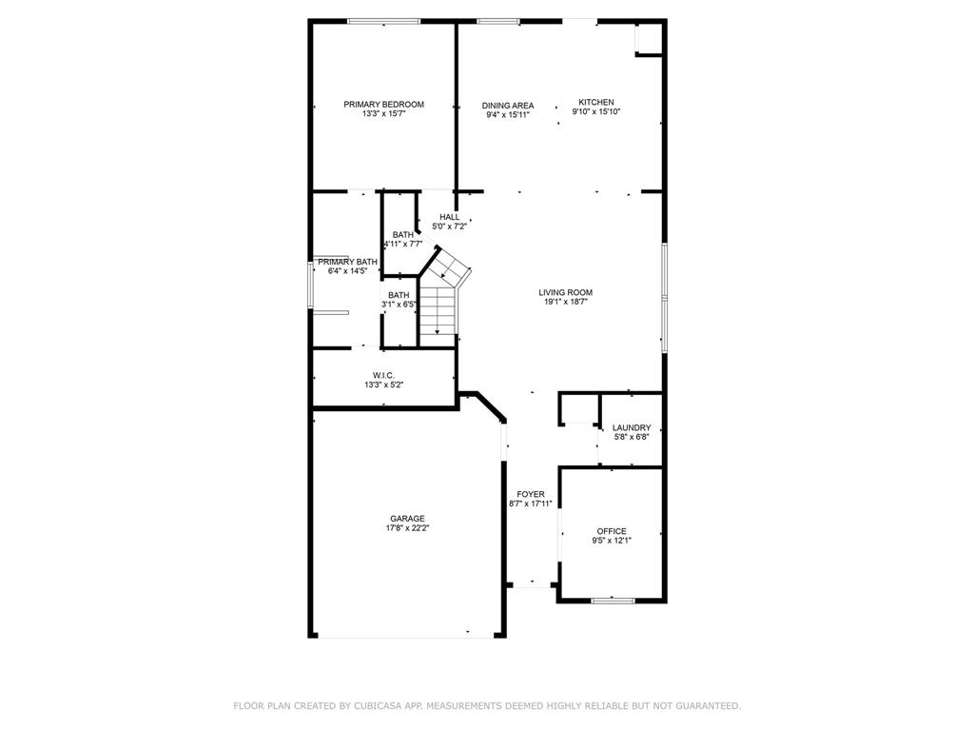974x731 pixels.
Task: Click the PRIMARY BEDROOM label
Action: tap(384, 105)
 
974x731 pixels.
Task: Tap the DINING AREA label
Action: tap(508, 106)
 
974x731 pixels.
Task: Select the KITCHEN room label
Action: tap(596, 102)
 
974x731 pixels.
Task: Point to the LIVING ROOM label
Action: tap(565, 292)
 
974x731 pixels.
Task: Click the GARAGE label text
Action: tap(407, 519)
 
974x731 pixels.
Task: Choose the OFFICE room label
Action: tap(612, 531)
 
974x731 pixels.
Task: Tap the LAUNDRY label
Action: tap(632, 427)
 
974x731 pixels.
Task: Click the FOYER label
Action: tap(531, 494)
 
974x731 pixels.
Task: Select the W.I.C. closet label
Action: tap(384, 375)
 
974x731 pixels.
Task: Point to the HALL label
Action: tap(450, 217)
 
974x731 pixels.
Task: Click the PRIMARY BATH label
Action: tap(348, 262)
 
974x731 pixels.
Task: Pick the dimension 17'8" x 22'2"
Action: tap(407, 528)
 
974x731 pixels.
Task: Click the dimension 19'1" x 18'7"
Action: tap(565, 302)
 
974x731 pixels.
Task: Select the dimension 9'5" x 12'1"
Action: tap(612, 541)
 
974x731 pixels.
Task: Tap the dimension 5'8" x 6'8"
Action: tap(632, 438)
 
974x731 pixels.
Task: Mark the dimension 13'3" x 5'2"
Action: tap(384, 385)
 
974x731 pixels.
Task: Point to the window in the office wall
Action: tap(614, 601)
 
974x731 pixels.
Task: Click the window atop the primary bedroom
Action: tap(384, 22)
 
